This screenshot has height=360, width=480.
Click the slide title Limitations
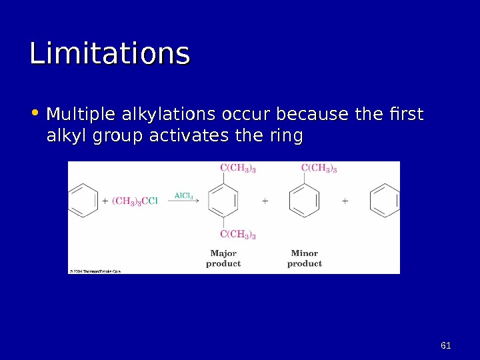[x=110, y=54]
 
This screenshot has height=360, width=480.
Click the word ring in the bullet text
[x=287, y=137]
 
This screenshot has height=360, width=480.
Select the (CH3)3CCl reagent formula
[x=135, y=200]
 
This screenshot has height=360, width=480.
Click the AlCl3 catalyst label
[x=183, y=195]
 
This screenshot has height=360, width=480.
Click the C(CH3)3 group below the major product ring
[x=238, y=235]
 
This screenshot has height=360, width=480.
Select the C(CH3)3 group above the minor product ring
[x=319, y=168]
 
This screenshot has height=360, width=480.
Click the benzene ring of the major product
[x=223, y=200]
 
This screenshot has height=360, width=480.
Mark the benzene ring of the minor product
[x=304, y=200]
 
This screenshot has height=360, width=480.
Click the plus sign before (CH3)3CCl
[x=105, y=200]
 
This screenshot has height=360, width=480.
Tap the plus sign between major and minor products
[x=265, y=200]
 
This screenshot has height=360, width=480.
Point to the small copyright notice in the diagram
[x=95, y=271]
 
